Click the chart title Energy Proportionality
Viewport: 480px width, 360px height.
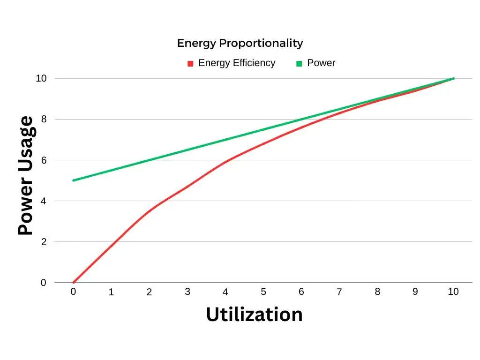click(x=240, y=43)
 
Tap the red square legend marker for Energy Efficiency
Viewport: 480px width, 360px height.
click(x=190, y=64)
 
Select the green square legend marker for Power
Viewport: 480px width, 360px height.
click(x=299, y=64)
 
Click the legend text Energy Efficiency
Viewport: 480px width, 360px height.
click(x=237, y=63)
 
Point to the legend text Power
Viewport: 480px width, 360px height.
click(x=321, y=63)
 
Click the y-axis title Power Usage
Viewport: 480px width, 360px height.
click(x=26, y=176)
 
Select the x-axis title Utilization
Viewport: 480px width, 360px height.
click(x=254, y=314)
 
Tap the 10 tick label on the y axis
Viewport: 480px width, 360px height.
click(x=41, y=78)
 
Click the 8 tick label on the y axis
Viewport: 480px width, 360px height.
click(x=44, y=119)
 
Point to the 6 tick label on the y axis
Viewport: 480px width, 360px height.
click(x=44, y=160)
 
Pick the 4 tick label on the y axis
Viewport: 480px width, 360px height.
click(x=44, y=201)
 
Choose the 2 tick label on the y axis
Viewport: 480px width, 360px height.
click(x=44, y=242)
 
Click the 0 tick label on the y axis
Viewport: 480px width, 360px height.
click(x=44, y=283)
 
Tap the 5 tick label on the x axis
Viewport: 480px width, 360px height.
click(x=263, y=292)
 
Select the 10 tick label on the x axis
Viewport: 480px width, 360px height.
click(x=453, y=292)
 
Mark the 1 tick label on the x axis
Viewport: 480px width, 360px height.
click(x=111, y=292)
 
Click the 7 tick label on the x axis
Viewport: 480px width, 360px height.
click(x=339, y=292)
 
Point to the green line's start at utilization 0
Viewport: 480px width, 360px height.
click(x=74, y=180)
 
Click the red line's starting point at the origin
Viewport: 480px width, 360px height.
click(x=74, y=283)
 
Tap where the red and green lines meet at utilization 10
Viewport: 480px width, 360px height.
click(x=453, y=78)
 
